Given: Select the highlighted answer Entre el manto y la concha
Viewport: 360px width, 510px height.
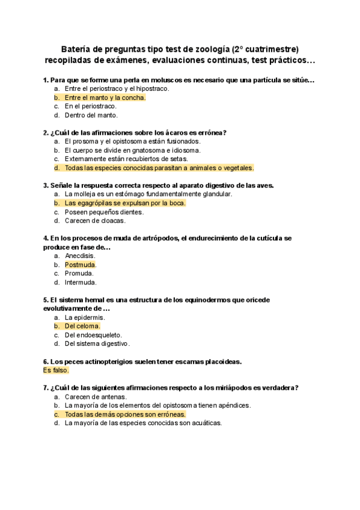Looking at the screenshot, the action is [x=105, y=97].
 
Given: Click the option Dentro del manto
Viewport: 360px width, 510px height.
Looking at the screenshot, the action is [x=91, y=115].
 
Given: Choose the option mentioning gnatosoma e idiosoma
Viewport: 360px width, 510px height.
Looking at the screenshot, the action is [x=132, y=150].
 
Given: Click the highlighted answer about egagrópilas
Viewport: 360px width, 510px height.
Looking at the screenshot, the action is [x=125, y=203].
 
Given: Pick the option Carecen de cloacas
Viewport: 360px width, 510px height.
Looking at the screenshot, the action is [x=95, y=221].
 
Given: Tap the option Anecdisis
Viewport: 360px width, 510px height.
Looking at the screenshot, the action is [x=80, y=256].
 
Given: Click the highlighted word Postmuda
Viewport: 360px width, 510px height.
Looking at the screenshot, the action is [x=80, y=265].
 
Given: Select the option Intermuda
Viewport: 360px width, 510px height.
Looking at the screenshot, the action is [x=81, y=282].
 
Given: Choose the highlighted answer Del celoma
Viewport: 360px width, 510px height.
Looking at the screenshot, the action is [x=82, y=327].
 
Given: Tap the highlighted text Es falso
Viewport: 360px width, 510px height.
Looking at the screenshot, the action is [x=56, y=370].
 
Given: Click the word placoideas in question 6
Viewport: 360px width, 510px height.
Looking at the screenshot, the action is [x=218, y=361].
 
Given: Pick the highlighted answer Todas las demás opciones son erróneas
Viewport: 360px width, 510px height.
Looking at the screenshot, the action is [x=125, y=414].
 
